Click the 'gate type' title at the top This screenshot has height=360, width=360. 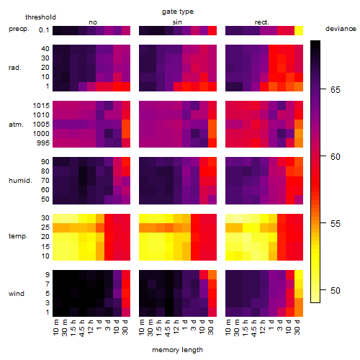pos(178,12)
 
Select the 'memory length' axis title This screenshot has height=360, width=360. pos(177,350)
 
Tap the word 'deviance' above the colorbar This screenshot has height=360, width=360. pos(341,29)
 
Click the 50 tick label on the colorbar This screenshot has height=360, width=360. pos(336,290)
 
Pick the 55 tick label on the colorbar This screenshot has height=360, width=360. pos(336,223)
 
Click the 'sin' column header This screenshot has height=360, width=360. pos(177,22)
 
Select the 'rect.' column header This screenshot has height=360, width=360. pos(261,22)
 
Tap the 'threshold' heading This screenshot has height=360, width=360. pos(40,17)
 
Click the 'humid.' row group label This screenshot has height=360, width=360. pos(20,181)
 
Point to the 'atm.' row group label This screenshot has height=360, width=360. pos(16,125)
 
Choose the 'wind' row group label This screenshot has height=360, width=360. pos(17,294)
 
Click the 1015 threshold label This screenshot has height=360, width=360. pos(41,106)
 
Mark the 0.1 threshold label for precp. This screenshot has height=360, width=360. pos(44,30)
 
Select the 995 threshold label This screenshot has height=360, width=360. pos(43,143)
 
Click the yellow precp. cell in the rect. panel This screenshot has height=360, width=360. pos(299,30)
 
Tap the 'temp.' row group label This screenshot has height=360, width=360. pos(18,236)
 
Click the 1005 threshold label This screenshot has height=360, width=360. pos(41,125)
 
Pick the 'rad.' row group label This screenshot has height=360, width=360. pos(15,68)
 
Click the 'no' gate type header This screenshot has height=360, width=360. pos(93,22)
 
